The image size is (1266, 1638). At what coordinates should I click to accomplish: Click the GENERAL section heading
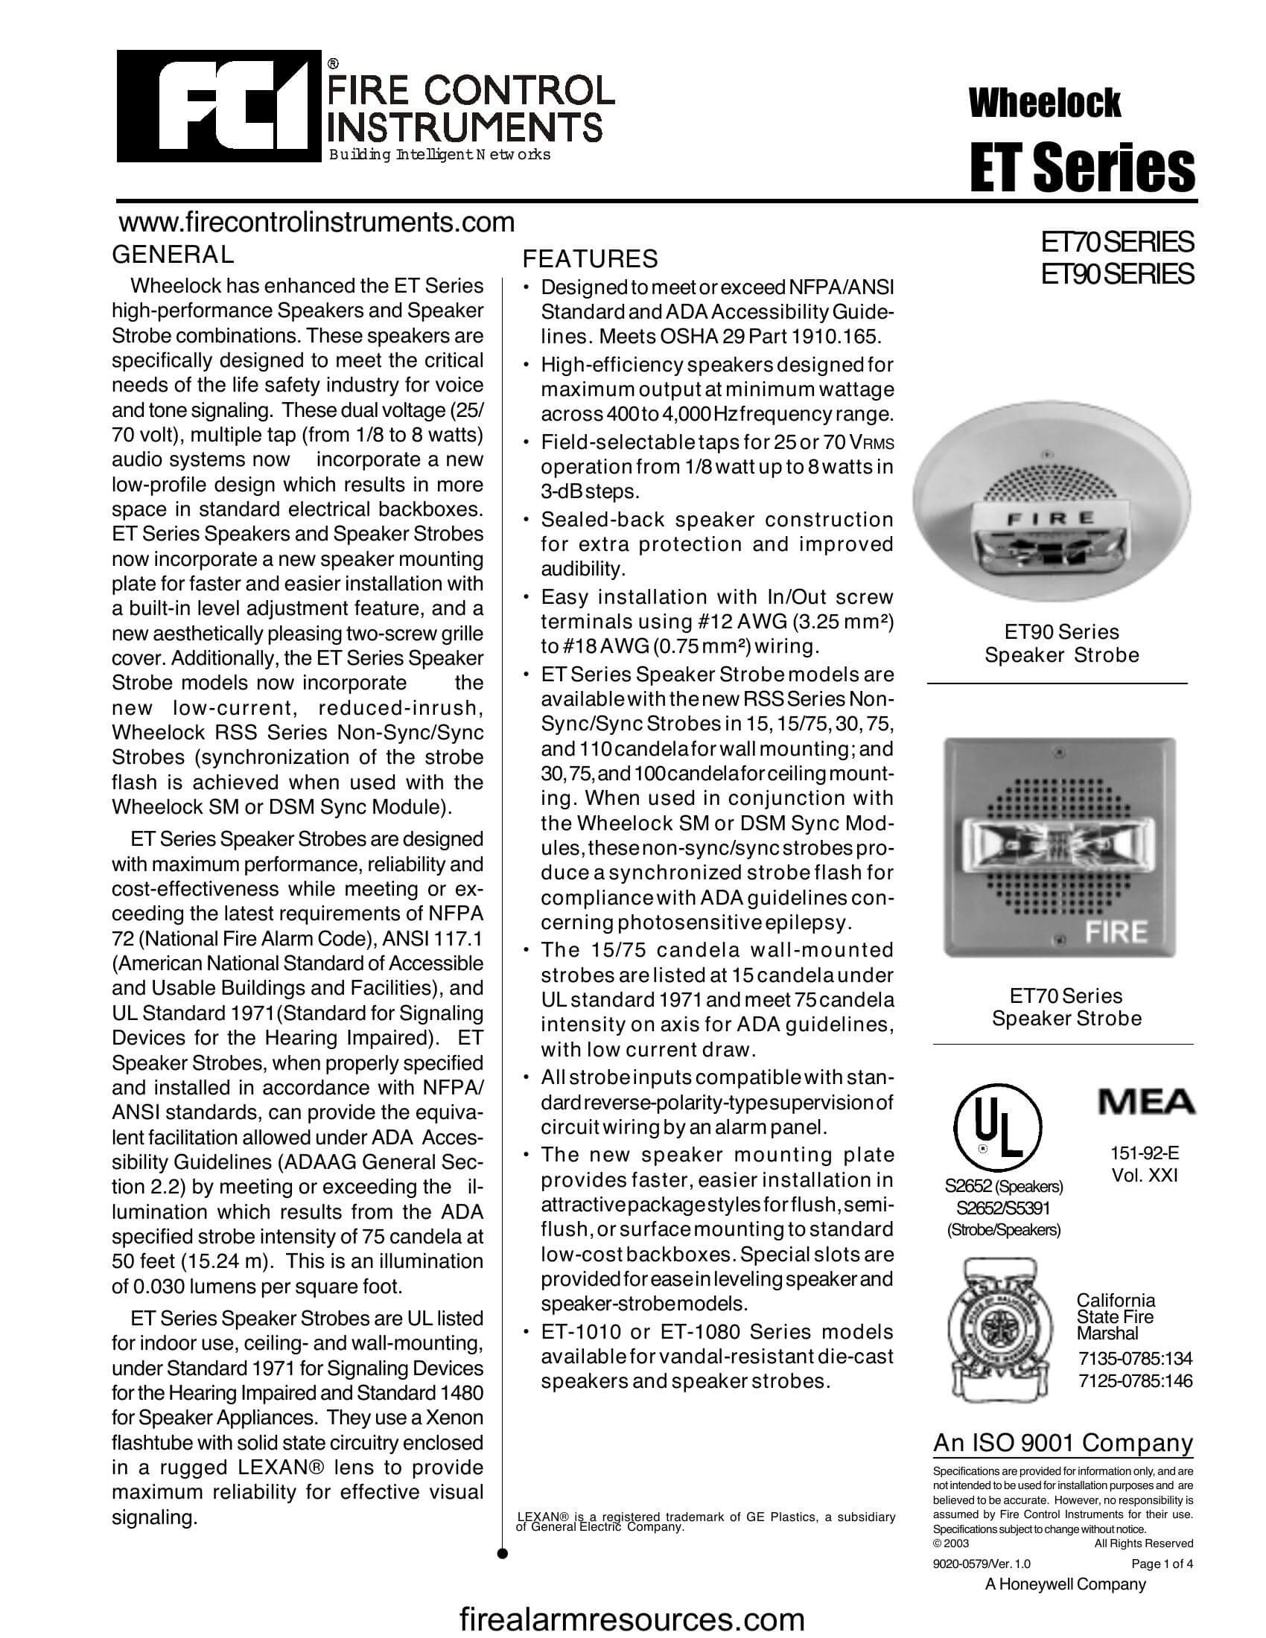point(173,254)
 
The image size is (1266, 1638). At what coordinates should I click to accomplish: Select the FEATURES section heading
point(590,259)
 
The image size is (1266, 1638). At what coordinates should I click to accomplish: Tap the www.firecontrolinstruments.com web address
point(317,223)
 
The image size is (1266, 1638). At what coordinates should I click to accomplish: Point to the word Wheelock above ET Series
point(1044,103)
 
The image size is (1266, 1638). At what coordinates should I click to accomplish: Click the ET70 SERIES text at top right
point(1117,242)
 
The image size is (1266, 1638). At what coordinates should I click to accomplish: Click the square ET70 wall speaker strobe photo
point(1059,847)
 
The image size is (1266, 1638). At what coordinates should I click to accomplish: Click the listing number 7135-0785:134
point(1135,1358)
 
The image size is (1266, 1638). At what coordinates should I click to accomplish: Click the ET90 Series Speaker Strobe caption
point(1061,643)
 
